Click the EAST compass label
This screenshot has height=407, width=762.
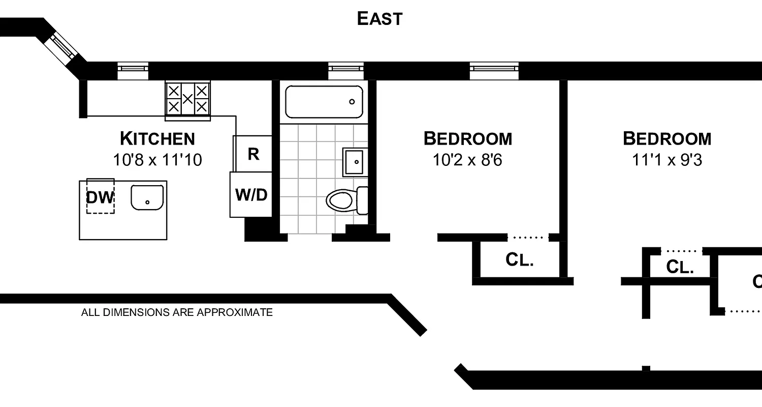click(x=379, y=19)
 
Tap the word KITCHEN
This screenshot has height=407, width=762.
click(x=157, y=138)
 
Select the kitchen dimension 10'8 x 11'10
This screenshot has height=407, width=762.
click(x=157, y=160)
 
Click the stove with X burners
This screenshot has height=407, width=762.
click(x=187, y=99)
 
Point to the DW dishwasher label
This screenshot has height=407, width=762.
click(x=100, y=197)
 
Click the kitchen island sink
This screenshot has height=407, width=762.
click(x=147, y=197)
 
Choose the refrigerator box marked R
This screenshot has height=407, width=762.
click(x=253, y=154)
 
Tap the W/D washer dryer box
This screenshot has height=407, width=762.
click(x=251, y=194)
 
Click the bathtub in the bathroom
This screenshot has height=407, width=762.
click(x=324, y=102)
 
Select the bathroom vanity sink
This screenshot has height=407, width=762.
click(x=356, y=162)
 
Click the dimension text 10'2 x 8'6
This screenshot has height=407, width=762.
click(x=467, y=160)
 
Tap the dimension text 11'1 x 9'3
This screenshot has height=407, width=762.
click(x=666, y=160)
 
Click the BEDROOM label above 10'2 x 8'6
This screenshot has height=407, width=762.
click(x=467, y=138)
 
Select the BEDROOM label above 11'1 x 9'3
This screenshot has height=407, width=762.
click(x=666, y=138)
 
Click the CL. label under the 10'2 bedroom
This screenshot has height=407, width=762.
click(x=519, y=260)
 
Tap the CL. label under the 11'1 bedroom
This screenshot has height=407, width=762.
click(x=680, y=267)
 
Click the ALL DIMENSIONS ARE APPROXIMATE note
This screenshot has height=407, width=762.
click(x=177, y=312)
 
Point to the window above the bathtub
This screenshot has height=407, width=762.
click(x=345, y=68)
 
